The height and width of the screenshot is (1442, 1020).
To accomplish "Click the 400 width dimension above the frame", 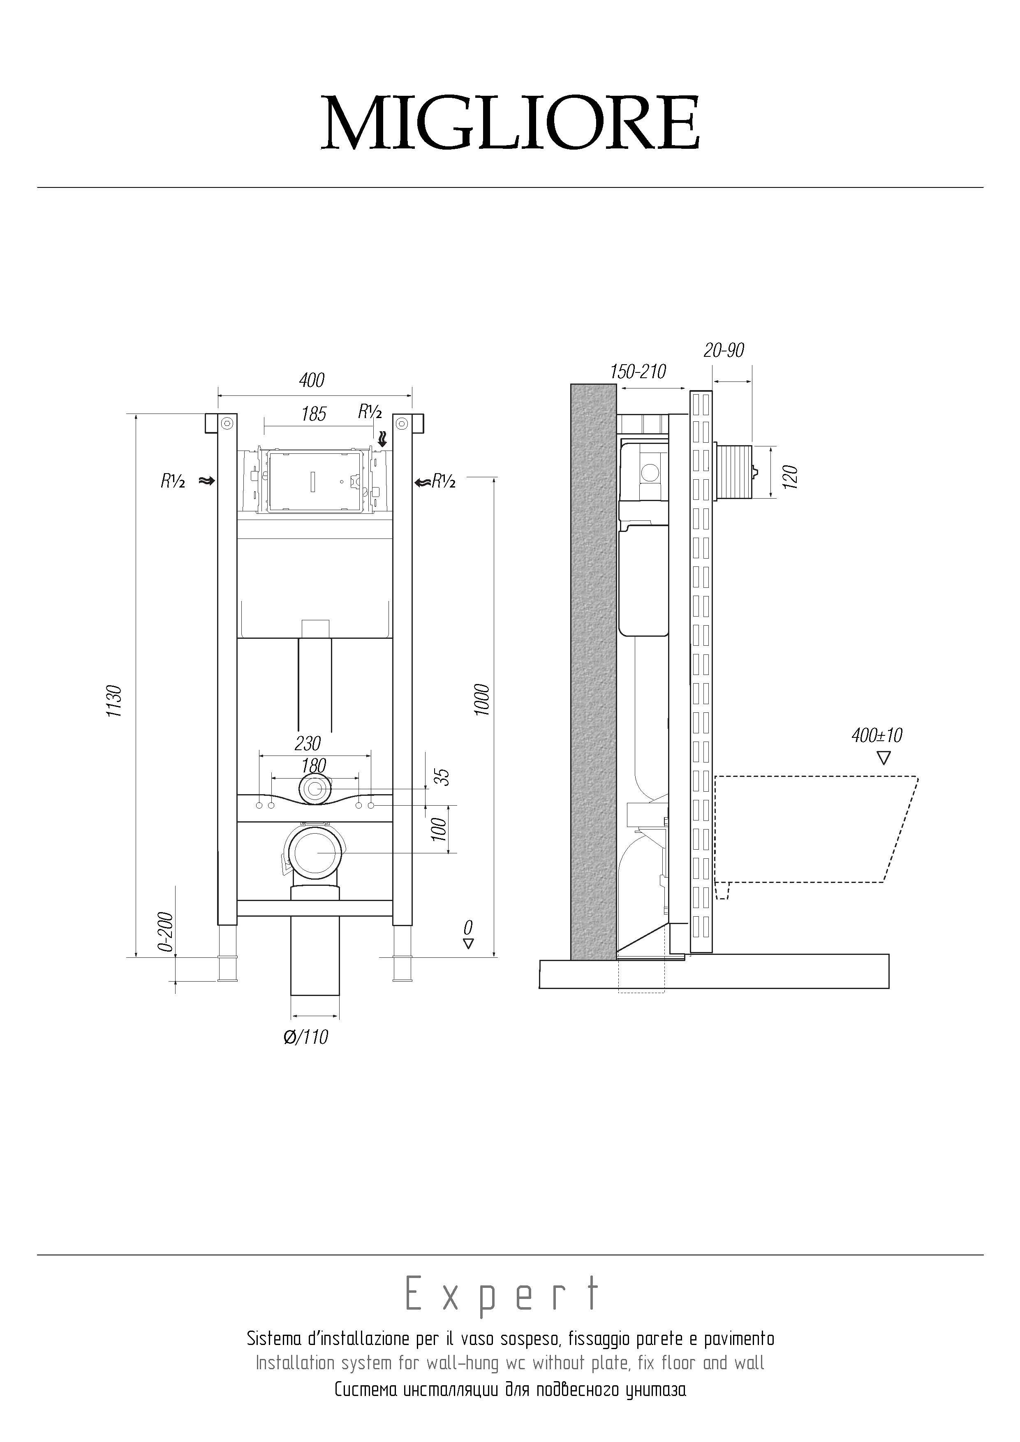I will point(312,380).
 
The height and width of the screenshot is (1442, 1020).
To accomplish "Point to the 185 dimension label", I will point(313,414).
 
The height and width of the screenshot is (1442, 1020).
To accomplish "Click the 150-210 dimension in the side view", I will point(638,372).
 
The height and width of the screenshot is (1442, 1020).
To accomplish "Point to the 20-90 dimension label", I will point(724,350).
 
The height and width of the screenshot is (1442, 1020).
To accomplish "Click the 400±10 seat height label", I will point(877,735).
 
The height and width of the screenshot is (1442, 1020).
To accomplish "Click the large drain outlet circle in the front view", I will point(317,852).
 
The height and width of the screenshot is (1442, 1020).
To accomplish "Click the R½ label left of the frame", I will point(173,482).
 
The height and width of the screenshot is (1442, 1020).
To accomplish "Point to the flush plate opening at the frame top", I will point(314,480).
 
